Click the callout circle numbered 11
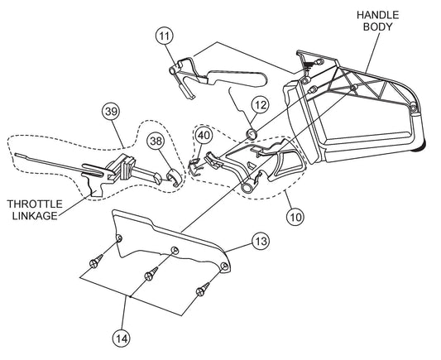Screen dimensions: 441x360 165,36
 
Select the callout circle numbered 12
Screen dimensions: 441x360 261,104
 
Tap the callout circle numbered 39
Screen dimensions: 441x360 111,111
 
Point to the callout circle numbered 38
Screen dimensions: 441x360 156,141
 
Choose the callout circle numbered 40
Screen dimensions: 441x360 204,135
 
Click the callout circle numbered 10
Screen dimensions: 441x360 295,217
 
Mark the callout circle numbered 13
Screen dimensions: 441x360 261,241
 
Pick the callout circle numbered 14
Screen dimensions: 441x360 122,338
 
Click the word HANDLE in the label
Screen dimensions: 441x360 378,15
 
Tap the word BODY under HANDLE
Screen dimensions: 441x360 378,27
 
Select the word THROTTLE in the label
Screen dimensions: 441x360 35,204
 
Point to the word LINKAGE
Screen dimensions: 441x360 35,216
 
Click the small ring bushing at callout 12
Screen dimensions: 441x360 252,134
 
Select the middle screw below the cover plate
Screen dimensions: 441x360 151,274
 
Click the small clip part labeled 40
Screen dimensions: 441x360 194,166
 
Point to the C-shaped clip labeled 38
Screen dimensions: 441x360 174,178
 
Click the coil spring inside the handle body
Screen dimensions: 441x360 309,65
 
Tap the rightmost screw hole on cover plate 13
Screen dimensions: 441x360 224,266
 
